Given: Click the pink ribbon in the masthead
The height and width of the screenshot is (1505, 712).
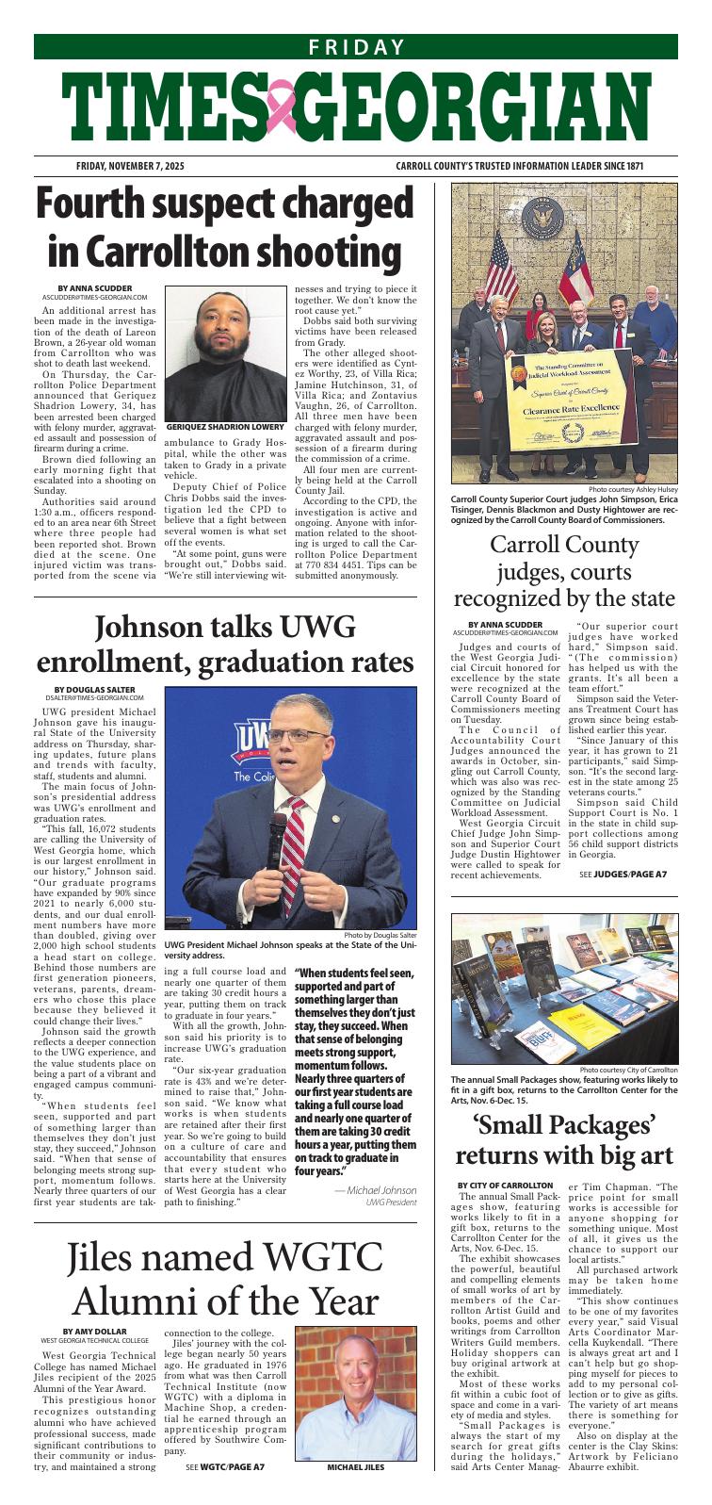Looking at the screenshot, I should (281, 106).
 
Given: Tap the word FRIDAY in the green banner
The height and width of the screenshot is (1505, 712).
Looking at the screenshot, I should (356, 47).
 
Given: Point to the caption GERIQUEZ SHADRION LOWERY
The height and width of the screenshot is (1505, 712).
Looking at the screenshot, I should (225, 427).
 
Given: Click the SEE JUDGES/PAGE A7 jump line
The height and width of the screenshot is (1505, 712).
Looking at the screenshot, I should (623, 874).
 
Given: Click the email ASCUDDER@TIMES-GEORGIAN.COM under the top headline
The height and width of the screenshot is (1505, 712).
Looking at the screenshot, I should (94, 296).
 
